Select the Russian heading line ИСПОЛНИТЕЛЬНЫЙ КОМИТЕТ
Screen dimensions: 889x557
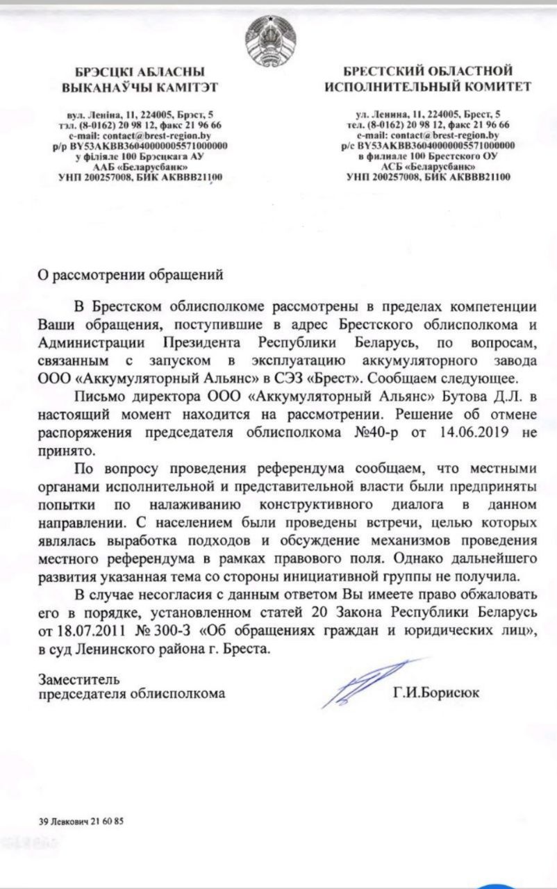428,87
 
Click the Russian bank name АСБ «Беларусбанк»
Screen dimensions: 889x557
429,168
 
